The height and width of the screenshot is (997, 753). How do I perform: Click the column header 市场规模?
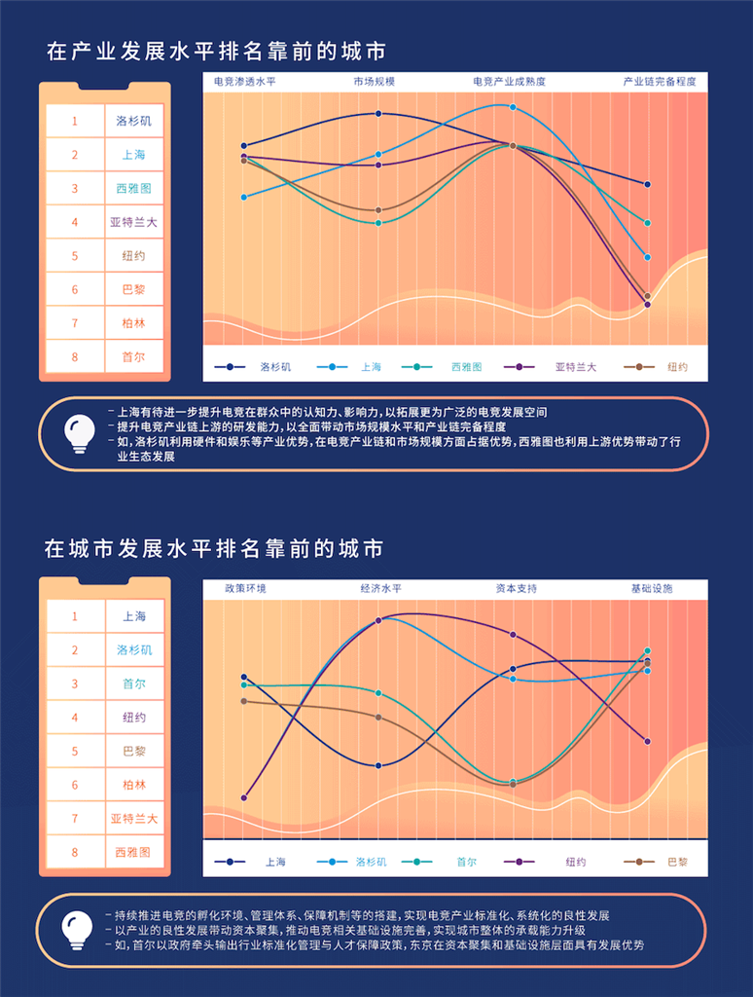click(x=375, y=82)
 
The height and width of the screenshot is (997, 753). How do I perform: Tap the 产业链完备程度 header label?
click(x=660, y=82)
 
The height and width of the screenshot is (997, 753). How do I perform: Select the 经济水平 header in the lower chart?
click(x=380, y=589)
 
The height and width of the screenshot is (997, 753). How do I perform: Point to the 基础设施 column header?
click(x=652, y=589)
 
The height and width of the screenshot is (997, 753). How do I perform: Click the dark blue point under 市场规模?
click(x=378, y=114)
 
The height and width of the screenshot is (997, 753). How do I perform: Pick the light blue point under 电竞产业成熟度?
click(x=513, y=107)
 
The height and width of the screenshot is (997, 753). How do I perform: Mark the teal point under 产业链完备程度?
click(x=647, y=223)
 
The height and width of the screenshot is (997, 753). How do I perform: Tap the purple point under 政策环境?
click(x=243, y=798)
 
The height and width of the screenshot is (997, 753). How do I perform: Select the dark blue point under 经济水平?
click(x=378, y=765)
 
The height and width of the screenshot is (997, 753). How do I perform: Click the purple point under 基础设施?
click(x=647, y=742)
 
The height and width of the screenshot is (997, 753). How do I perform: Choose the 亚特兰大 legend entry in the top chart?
click(x=575, y=367)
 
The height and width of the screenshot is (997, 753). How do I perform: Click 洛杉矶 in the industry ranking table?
click(x=134, y=122)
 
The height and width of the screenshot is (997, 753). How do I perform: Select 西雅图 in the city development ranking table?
click(x=134, y=852)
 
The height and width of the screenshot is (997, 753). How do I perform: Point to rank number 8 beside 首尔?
click(x=75, y=357)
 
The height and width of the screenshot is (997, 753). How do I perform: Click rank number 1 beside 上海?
click(x=75, y=616)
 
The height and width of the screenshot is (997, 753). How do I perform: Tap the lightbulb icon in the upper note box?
click(x=79, y=434)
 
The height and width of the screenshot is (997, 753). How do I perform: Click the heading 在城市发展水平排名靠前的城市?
click(x=214, y=549)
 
